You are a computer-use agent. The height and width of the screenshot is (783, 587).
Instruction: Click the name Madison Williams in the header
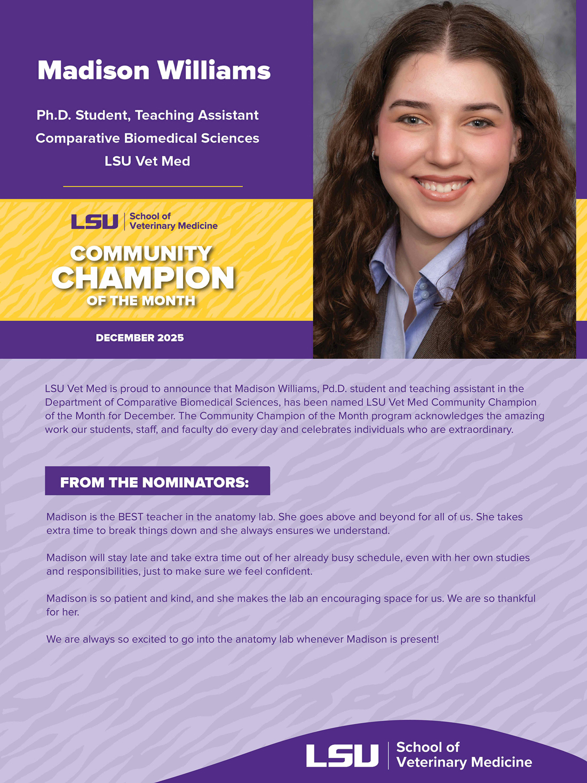coord(154,70)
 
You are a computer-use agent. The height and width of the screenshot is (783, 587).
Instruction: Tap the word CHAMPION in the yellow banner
coord(143,278)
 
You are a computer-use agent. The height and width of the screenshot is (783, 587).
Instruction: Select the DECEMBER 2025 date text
coord(140,338)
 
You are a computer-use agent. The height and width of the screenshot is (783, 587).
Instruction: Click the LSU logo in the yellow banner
coord(94,222)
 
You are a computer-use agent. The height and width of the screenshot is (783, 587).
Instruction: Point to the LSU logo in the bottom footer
coord(342,755)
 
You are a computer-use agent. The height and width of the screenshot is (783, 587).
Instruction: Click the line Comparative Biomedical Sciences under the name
coord(147,138)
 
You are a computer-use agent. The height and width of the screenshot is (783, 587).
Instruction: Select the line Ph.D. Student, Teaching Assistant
coord(147,115)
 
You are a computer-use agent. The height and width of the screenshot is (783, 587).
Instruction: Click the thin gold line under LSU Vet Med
coord(153,186)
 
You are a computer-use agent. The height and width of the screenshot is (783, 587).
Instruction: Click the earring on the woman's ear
coord(373,155)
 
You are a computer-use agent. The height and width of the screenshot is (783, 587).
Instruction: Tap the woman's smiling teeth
coord(443,186)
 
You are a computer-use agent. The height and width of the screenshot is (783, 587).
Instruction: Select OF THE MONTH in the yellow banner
coord(141,301)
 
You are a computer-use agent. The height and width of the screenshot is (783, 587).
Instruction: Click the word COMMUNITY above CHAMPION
coord(141,254)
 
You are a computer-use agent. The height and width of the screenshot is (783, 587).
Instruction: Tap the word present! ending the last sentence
coord(422,639)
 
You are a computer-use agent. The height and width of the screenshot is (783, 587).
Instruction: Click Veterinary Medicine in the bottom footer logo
coord(464,762)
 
